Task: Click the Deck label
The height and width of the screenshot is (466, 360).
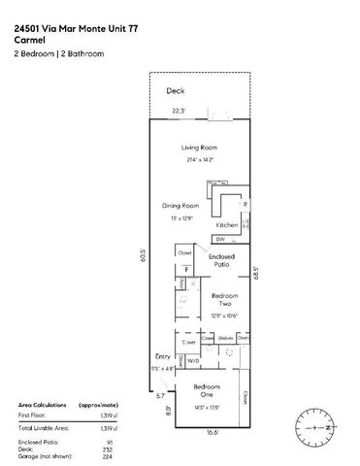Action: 175,90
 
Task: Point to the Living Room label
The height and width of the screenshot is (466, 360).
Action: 198,147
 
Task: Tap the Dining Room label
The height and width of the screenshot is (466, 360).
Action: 180,206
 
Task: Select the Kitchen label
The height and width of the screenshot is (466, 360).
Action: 227,225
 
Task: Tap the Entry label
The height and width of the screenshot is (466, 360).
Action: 162,356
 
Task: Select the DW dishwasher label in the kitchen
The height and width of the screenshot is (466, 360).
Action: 220,239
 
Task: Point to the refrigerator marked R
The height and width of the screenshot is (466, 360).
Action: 245,205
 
